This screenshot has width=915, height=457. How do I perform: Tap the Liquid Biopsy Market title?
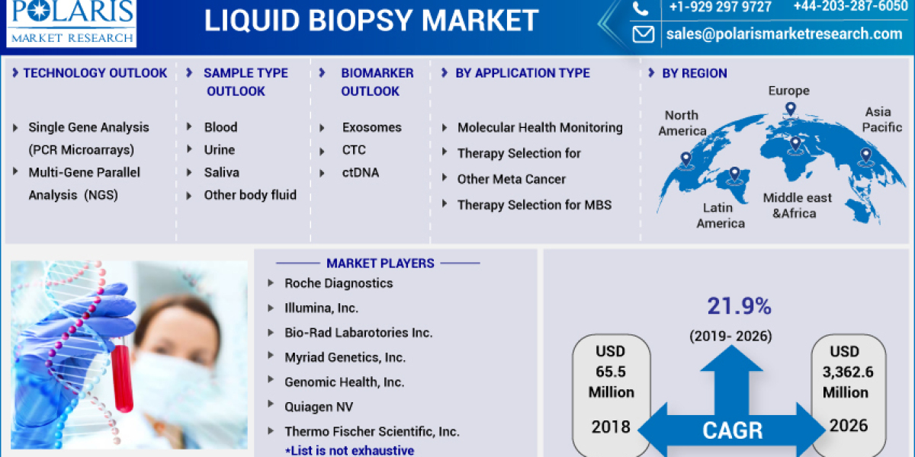(x=371, y=21)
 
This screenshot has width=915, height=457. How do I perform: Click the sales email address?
(x=784, y=34)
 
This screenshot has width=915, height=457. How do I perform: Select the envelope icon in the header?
(x=644, y=34)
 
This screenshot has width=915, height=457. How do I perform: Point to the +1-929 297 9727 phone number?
(x=720, y=7)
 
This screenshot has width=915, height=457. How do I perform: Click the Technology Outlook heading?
(x=95, y=73)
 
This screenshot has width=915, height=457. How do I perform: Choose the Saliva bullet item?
(x=221, y=172)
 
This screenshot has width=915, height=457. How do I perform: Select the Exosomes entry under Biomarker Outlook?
(x=371, y=127)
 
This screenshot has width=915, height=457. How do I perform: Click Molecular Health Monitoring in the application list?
(x=539, y=127)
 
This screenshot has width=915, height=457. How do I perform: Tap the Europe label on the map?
(x=788, y=91)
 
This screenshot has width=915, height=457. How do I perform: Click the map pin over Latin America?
(x=734, y=174)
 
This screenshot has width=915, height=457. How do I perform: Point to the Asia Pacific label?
(x=882, y=120)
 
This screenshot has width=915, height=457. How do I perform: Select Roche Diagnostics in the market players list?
(x=339, y=283)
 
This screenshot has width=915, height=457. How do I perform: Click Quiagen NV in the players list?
(x=319, y=407)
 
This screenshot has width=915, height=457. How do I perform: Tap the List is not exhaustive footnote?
(x=349, y=450)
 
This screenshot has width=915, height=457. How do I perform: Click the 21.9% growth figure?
(x=739, y=306)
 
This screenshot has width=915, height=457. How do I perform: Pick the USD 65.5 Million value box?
(x=611, y=372)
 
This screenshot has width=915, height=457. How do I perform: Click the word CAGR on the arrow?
(x=732, y=431)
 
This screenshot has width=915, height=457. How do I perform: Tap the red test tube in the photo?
(x=122, y=376)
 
